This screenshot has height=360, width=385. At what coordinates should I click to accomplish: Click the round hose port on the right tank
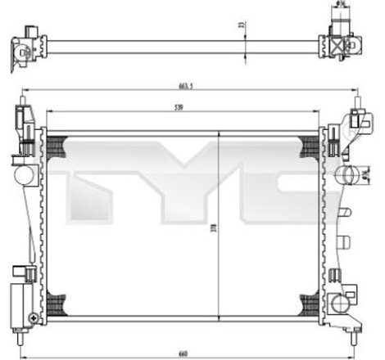click(346, 174)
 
